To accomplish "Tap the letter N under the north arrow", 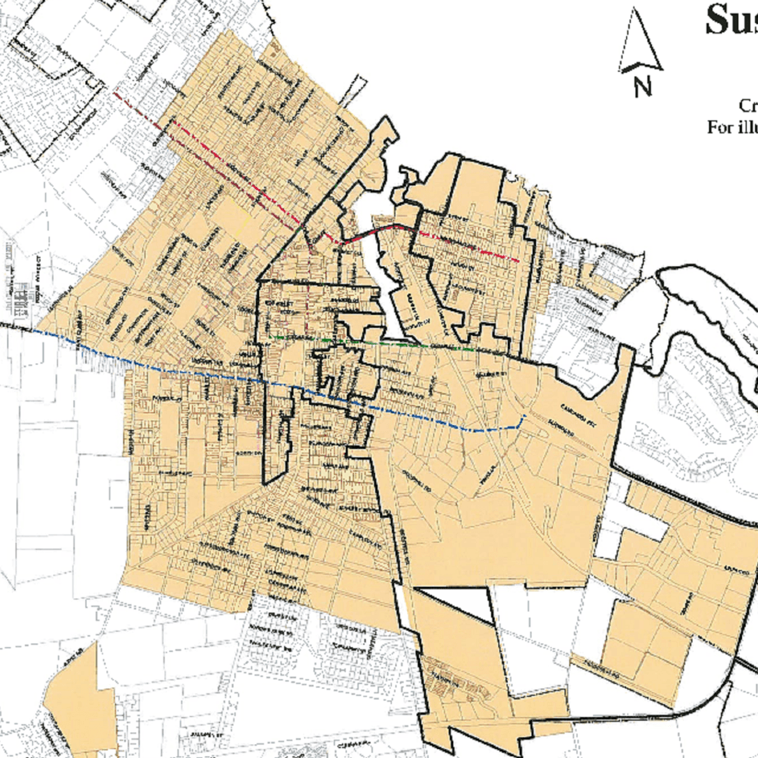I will pyautogui.click(x=642, y=87).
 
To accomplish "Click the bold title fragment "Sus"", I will pyautogui.click(x=730, y=20).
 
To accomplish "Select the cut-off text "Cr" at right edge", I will pyautogui.click(x=748, y=105).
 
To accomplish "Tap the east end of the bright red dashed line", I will pyautogui.click(x=518, y=261).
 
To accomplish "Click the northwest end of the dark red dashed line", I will pyautogui.click(x=115, y=93).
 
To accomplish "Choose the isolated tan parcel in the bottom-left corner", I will pyautogui.click(x=80, y=705).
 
